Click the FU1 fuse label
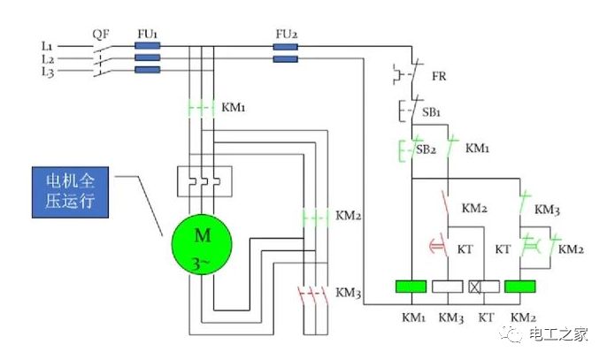point(147,34)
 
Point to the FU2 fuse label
point(285,34)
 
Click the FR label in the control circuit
point(439,77)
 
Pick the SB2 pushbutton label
point(427,149)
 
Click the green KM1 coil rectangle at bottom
point(411,287)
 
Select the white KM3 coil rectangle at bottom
point(449,287)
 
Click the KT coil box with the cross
point(485,287)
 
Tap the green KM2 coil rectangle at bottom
point(521,287)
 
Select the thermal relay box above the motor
point(204,180)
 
